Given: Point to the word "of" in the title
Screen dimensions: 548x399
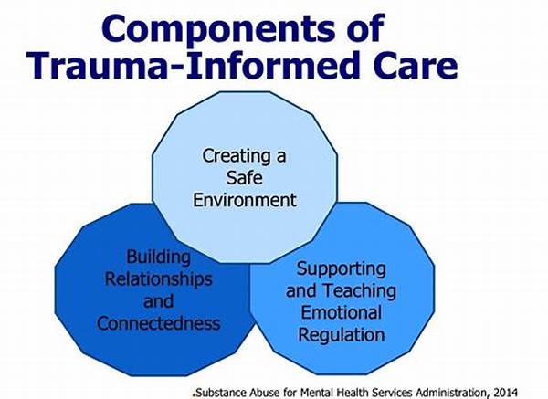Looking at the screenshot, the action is [366, 28].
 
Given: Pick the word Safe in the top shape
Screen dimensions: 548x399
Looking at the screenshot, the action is [244, 177].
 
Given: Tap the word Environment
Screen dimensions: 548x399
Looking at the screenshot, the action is [245, 200].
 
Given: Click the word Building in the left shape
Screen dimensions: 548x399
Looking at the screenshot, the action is [158, 257].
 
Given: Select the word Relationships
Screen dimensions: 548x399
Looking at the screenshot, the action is [158, 279].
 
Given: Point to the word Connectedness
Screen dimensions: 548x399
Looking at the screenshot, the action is [158, 323].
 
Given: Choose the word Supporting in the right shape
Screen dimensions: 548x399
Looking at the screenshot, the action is [341, 269].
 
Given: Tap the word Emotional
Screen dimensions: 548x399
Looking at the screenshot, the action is [341, 312].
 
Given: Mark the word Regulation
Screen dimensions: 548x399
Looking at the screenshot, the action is [341, 335].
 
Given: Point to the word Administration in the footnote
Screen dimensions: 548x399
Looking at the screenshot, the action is [448, 392].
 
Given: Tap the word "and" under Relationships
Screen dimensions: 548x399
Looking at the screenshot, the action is [158, 301].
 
